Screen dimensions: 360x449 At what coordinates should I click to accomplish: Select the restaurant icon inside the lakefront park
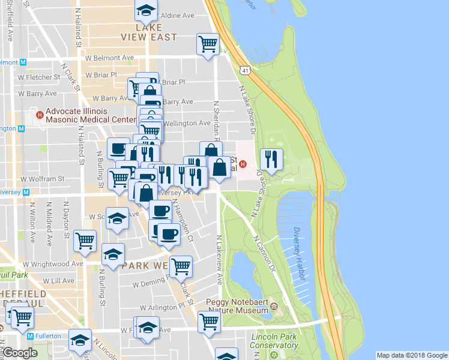(271, 159)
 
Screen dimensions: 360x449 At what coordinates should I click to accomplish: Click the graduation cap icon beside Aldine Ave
(145, 10)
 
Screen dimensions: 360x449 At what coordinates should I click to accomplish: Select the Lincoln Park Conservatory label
(274, 341)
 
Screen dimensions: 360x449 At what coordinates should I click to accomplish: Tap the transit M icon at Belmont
(23, 62)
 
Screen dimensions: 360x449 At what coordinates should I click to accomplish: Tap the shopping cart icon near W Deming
(181, 266)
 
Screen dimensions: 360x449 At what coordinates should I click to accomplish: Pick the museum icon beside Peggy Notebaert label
(274, 307)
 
